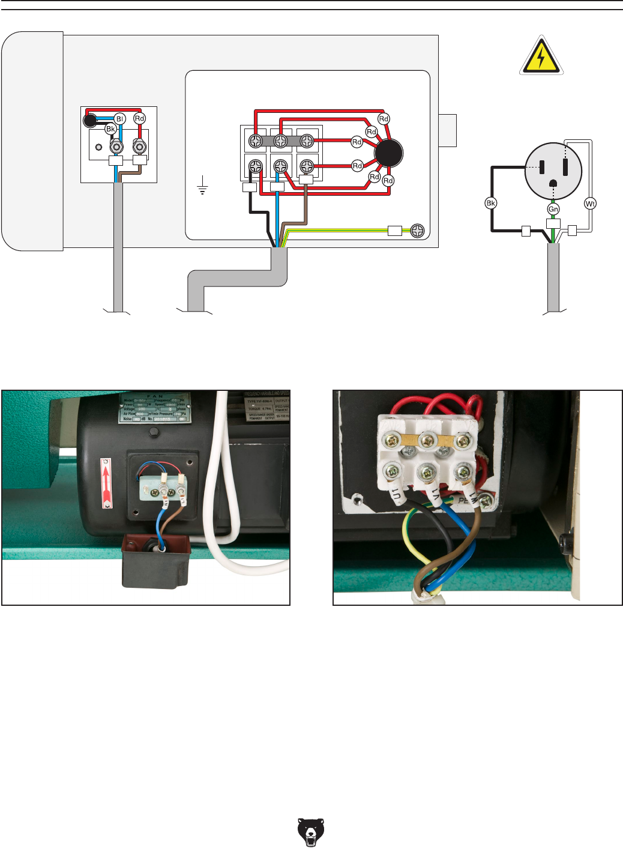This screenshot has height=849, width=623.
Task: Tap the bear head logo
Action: click(310, 831)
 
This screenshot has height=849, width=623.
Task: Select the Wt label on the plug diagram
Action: click(590, 204)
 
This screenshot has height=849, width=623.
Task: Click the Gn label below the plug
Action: click(553, 209)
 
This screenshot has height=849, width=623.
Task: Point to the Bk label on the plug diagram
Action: click(490, 203)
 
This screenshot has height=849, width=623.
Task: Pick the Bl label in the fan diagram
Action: click(119, 119)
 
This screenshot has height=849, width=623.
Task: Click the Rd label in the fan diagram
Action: click(139, 118)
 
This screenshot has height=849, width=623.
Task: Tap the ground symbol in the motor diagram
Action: click(202, 186)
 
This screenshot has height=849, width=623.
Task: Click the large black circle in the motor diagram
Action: click(388, 153)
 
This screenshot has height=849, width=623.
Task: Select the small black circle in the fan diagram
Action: click(89, 121)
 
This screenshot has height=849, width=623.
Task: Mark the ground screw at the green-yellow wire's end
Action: click(417, 230)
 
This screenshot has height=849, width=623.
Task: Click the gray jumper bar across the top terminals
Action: click(280, 141)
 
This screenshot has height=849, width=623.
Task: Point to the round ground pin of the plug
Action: click(553, 183)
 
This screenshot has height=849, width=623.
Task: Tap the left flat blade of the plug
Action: click(542, 167)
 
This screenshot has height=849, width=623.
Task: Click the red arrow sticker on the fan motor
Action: click(107, 482)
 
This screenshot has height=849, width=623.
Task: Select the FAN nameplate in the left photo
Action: click(154, 408)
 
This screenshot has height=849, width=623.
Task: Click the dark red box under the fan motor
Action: click(155, 561)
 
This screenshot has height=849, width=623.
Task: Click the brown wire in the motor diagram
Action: click(305, 207)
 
